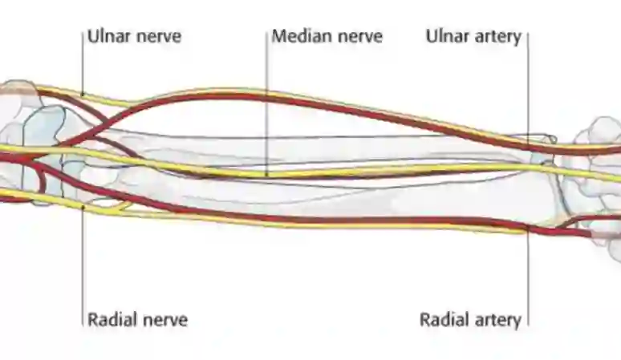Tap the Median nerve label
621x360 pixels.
point(327,37)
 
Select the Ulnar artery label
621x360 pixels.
point(473,37)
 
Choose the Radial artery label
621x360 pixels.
point(470,320)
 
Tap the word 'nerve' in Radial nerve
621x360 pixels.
point(164,320)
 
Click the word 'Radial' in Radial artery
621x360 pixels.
point(444,320)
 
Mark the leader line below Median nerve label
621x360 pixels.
point(266,104)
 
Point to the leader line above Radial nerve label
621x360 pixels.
point(83,265)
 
